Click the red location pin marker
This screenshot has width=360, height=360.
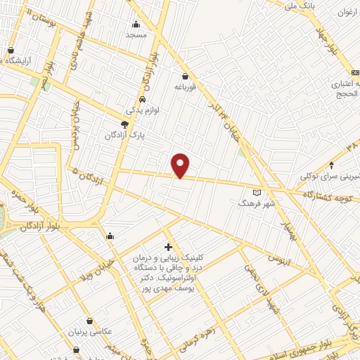point(181,165)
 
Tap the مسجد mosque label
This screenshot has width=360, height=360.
point(136,34)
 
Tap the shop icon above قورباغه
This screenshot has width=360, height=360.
point(185,76)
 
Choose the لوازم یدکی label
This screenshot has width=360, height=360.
point(143,110)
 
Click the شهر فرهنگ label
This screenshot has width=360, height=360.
point(254,202)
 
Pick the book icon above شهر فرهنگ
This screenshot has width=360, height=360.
point(257,192)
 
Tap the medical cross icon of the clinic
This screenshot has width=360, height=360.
point(167,247)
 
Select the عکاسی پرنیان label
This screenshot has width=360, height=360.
point(89,331)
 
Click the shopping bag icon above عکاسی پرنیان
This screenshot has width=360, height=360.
point(89,321)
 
